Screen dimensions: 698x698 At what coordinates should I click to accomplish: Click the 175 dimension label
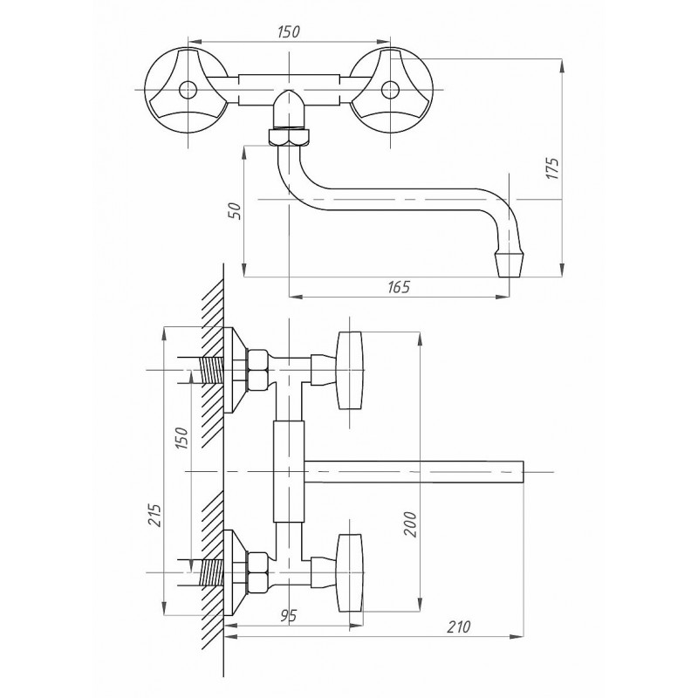[552, 168]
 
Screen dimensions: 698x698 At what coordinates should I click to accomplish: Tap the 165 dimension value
[398, 287]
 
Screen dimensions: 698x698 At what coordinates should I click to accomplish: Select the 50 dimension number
[236, 210]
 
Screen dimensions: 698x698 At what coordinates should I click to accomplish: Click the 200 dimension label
[410, 524]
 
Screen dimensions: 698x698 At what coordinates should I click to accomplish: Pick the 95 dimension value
[289, 616]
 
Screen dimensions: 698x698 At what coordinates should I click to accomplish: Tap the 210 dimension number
[458, 626]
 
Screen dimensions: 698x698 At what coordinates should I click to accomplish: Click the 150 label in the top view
[289, 31]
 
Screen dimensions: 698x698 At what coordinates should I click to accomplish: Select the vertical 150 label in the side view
[181, 438]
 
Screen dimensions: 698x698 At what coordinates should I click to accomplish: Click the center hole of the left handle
[188, 90]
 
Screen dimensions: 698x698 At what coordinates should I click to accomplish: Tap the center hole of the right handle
[390, 90]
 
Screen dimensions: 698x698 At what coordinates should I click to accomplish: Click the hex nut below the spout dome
[289, 137]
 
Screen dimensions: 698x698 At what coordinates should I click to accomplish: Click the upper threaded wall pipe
[212, 370]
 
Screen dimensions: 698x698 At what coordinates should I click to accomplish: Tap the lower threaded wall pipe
[212, 572]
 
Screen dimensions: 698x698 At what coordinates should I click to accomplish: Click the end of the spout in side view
[523, 471]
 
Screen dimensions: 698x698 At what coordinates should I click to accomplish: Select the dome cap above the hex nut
[289, 109]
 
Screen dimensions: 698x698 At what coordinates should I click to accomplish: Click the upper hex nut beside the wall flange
[257, 370]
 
